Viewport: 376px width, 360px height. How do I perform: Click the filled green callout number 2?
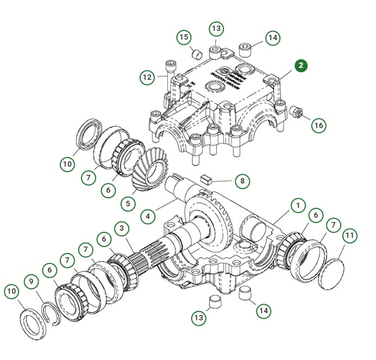[301, 66]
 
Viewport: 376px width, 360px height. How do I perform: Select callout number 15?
[184, 37]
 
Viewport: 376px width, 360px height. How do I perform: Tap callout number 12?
[147, 77]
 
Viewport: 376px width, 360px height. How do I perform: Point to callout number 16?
[318, 125]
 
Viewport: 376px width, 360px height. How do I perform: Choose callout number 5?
[128, 204]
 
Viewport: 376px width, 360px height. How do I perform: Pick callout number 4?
[147, 216]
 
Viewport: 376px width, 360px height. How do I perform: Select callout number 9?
[32, 281]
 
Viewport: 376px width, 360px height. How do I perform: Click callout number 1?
[298, 205]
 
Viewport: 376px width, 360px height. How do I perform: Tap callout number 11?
[350, 236]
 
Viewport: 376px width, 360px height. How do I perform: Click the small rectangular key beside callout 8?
[206, 178]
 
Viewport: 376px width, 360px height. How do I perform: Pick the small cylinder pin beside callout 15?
[196, 54]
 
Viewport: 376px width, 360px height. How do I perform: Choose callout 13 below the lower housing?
[199, 317]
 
